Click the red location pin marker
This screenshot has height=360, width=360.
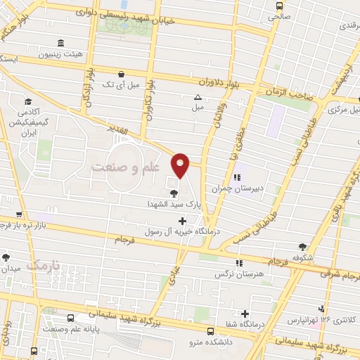(181, 165)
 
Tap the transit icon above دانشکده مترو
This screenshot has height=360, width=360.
(211, 330)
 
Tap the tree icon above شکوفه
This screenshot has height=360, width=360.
(302, 246)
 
